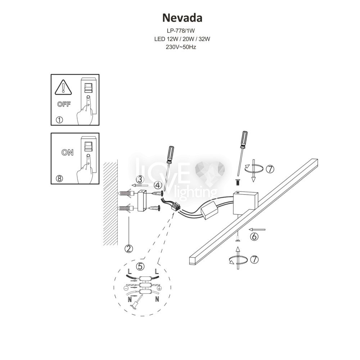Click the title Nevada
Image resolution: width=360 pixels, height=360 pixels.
point(182,18)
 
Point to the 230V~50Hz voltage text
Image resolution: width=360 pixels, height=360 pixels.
point(181,47)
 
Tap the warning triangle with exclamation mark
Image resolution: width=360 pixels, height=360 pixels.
point(63,87)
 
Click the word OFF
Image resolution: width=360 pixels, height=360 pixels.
point(64,104)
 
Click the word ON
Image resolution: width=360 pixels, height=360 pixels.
point(67,152)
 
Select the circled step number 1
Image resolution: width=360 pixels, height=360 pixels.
point(59,120)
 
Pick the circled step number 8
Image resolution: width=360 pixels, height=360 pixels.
point(59,179)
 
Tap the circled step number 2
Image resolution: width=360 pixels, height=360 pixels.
point(129,248)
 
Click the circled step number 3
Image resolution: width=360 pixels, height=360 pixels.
point(140,179)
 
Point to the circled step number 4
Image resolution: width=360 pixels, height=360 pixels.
point(158,185)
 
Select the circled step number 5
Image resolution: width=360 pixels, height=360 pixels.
point(140,266)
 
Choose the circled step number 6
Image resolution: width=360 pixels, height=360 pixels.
point(254,237)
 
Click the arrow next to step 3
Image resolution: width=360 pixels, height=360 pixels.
point(140,185)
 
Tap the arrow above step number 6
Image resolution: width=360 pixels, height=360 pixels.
point(257,229)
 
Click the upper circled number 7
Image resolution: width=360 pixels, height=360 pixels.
point(270,169)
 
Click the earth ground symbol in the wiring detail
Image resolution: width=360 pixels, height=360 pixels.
point(160,288)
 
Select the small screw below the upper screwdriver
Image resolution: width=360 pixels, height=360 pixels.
point(238,183)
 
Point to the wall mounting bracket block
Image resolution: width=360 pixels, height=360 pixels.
point(142,201)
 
